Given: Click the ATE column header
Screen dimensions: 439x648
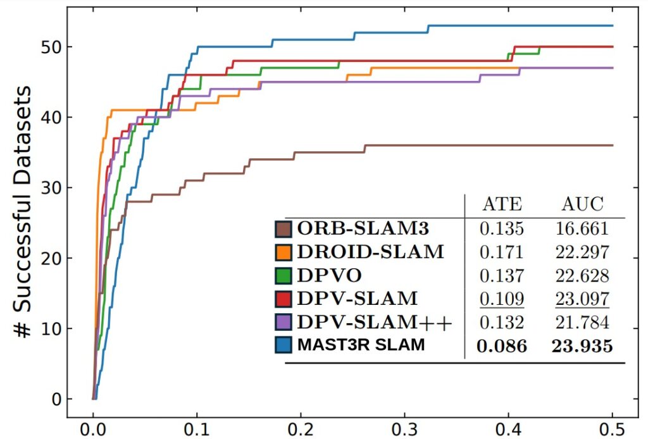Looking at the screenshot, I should click(x=502, y=204).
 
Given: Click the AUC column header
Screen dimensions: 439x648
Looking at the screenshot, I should click(x=583, y=204).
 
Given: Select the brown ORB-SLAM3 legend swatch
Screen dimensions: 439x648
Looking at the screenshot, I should click(x=284, y=228).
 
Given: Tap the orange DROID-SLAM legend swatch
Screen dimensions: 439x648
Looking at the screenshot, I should click(x=284, y=252).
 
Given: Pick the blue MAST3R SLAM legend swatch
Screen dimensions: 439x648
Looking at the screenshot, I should click(x=284, y=345).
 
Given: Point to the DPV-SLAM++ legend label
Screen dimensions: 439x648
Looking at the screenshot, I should click(x=375, y=322).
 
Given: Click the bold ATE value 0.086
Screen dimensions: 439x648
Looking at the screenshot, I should click(x=502, y=346).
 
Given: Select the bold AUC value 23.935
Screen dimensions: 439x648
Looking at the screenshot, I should click(x=582, y=346).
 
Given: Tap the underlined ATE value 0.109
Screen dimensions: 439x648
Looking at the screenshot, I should click(x=502, y=299).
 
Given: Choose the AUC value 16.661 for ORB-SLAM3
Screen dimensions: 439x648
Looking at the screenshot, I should click(x=582, y=228).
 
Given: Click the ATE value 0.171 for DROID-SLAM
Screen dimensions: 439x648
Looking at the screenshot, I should click(x=502, y=252).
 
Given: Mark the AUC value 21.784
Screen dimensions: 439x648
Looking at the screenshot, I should click(x=582, y=322).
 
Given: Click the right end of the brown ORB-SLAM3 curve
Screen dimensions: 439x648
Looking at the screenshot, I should click(x=613, y=145).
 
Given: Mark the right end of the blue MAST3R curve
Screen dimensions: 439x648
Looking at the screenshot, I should click(x=613, y=26).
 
